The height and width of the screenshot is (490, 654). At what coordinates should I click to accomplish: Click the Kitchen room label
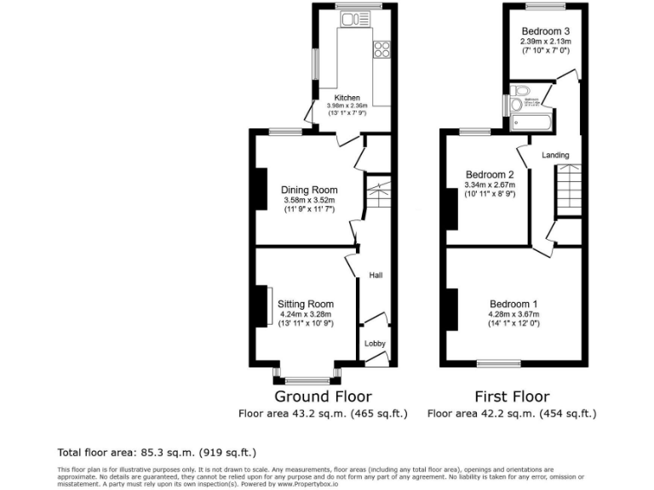(347, 98)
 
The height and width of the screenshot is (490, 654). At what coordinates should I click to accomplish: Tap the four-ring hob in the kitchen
(381, 50)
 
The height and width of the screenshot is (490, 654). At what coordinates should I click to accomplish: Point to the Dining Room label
(309, 190)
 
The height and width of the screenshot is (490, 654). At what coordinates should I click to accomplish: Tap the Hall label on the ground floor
(375, 275)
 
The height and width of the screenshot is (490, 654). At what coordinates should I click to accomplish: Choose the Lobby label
(375, 344)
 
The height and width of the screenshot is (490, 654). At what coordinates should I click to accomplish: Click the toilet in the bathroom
(521, 90)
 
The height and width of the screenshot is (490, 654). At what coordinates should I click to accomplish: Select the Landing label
(555, 155)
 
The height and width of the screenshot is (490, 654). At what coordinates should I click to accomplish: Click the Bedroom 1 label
(513, 304)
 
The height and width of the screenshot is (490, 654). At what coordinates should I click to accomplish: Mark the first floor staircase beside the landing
(566, 191)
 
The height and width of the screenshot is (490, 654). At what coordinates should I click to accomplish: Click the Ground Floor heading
(323, 396)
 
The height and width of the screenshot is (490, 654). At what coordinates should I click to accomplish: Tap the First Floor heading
(512, 396)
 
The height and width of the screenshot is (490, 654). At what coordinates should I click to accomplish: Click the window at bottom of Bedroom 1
(498, 363)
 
